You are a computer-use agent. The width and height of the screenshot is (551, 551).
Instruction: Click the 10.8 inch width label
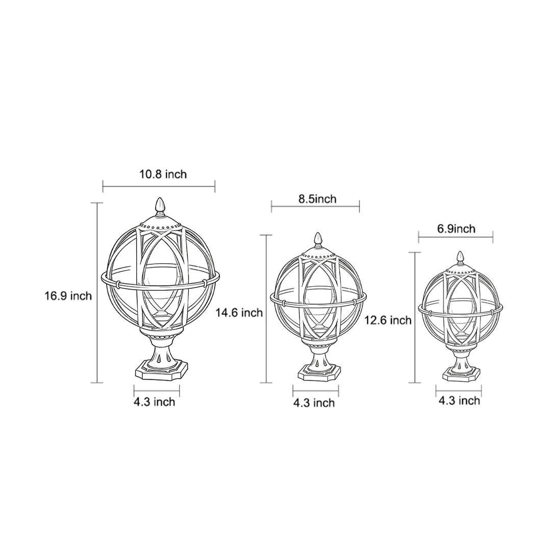tap(163, 174)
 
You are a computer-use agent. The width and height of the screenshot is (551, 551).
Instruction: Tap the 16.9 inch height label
tap(68, 296)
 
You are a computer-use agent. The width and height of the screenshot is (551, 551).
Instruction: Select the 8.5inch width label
tap(317, 199)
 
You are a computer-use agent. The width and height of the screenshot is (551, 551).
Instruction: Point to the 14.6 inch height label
tap(239, 313)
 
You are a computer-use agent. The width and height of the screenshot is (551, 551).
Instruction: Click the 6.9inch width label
tap(456, 229)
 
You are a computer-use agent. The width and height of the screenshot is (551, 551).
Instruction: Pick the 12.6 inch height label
tap(388, 320)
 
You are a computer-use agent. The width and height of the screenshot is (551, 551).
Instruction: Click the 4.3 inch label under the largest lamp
tap(154, 402)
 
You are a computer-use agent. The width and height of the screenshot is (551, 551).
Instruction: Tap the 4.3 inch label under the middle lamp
tap(314, 403)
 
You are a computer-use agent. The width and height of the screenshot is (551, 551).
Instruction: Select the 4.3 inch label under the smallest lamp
tap(459, 401)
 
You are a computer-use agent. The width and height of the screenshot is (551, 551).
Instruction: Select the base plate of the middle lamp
tap(319, 373)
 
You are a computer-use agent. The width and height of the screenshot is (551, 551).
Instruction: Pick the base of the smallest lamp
tap(461, 375)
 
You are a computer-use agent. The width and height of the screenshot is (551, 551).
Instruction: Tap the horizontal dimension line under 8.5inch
tap(315, 207)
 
